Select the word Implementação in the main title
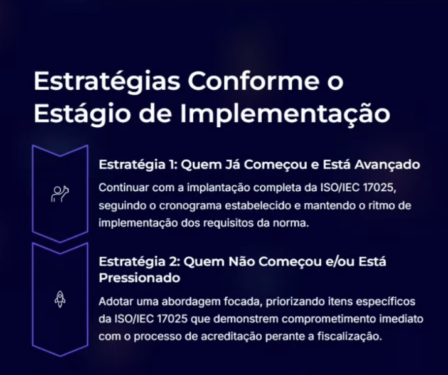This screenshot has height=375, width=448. (x=285, y=114)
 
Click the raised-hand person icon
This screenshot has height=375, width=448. (x=60, y=194)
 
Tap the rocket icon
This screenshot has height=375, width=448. (x=60, y=299)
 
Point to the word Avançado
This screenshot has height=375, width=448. (x=387, y=165)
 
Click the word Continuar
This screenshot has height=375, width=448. (x=124, y=187)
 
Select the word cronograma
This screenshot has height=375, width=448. (x=190, y=206)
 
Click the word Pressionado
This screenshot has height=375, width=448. (x=139, y=278)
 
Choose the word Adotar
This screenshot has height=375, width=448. (x=115, y=302)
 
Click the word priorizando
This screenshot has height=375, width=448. (x=294, y=302)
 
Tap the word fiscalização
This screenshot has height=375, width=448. (x=349, y=336)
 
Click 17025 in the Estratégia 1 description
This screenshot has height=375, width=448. (x=379, y=187)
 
